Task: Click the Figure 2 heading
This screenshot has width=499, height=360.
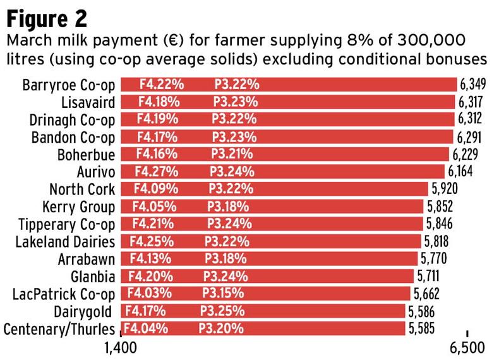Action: pyautogui.click(x=47, y=16)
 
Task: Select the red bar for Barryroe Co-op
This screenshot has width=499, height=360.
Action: pyautogui.click(x=288, y=85)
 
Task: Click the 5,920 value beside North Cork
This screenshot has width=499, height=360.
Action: pyautogui.click(x=445, y=189)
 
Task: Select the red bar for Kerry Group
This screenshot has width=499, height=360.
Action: pyautogui.click(x=272, y=207)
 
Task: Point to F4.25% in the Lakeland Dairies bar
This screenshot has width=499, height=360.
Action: pyautogui.click(x=149, y=241)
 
